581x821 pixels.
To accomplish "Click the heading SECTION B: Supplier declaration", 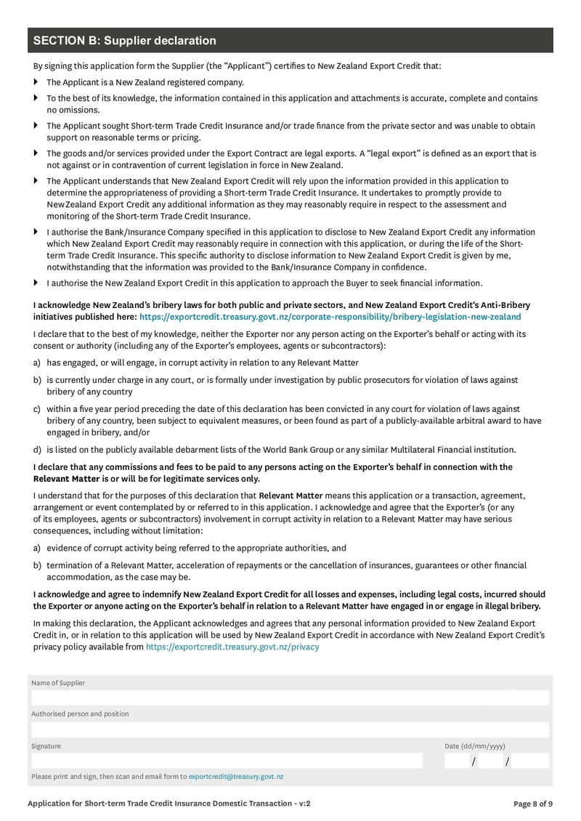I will coord(125,41).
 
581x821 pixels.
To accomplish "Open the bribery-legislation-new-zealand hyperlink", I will coord(330,317).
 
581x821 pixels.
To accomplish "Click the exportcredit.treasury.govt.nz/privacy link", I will coord(232,646).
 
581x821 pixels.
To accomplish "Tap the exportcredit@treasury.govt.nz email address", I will coord(235,777).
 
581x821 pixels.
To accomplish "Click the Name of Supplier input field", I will coord(290,697).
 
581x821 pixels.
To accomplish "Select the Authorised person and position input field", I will coord(290,729).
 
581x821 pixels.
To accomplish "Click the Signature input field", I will coord(226,761).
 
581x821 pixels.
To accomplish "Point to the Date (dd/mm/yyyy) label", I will coord(475,746).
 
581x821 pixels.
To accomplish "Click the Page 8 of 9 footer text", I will coord(532,804).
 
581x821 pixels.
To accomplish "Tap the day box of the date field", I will coord(458,761).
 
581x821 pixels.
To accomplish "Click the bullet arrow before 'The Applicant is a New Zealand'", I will coord(35,82).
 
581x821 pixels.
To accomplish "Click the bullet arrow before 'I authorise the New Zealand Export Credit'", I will coord(35,283).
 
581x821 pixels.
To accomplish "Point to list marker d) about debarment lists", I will coord(36,449).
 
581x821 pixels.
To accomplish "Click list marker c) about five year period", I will coord(36,409).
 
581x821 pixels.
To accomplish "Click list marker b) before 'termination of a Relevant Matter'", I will coord(36,565).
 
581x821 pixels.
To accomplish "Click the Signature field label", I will coord(46,746).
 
